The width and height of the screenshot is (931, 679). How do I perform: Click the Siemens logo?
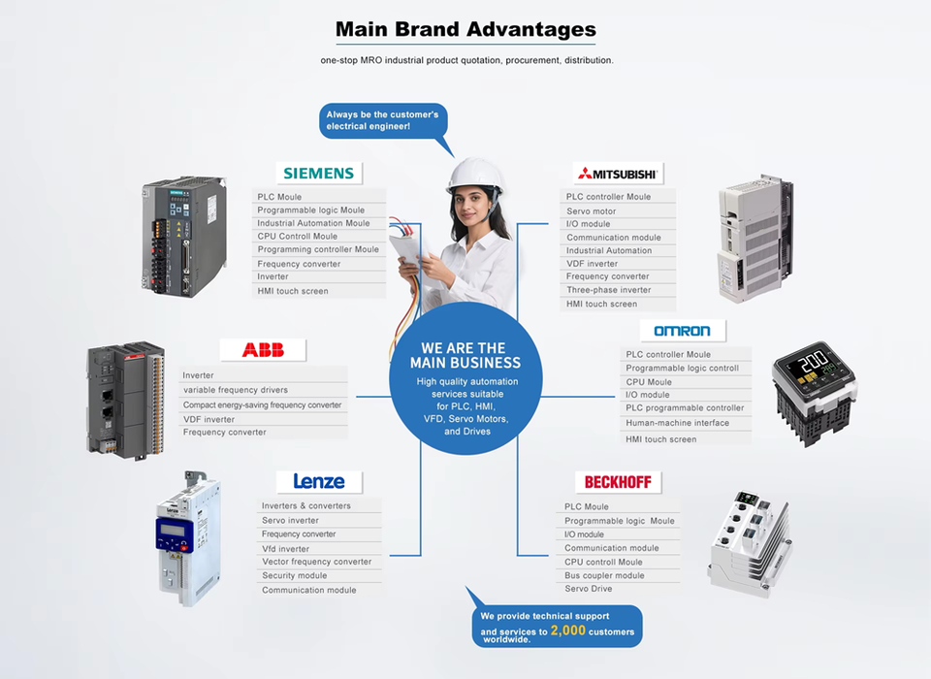pyautogui.click(x=318, y=174)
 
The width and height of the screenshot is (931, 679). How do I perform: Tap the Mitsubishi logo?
pyautogui.click(x=618, y=174)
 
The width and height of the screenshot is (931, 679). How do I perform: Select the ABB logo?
pyautogui.click(x=264, y=350)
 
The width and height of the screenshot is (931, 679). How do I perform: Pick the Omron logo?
pyautogui.click(x=682, y=331)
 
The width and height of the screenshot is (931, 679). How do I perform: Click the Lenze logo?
pyautogui.click(x=319, y=482)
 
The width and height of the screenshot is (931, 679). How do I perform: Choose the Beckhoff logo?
pyautogui.click(x=617, y=482)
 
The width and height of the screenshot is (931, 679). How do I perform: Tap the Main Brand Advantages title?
pyautogui.click(x=465, y=29)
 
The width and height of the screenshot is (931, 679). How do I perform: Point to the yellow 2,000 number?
pyautogui.click(x=567, y=630)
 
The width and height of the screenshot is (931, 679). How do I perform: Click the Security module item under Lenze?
pyautogui.click(x=295, y=575)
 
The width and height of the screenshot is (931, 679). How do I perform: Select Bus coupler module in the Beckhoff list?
pyautogui.click(x=604, y=575)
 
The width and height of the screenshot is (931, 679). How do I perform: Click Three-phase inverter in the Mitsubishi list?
pyautogui.click(x=609, y=290)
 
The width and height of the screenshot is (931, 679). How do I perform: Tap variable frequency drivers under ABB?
pyautogui.click(x=236, y=390)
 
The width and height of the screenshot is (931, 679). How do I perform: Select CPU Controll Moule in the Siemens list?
pyautogui.click(x=298, y=236)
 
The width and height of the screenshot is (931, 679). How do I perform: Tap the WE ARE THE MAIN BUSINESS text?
pyautogui.click(x=465, y=355)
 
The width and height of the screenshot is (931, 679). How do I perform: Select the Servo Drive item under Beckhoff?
pyautogui.click(x=589, y=589)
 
